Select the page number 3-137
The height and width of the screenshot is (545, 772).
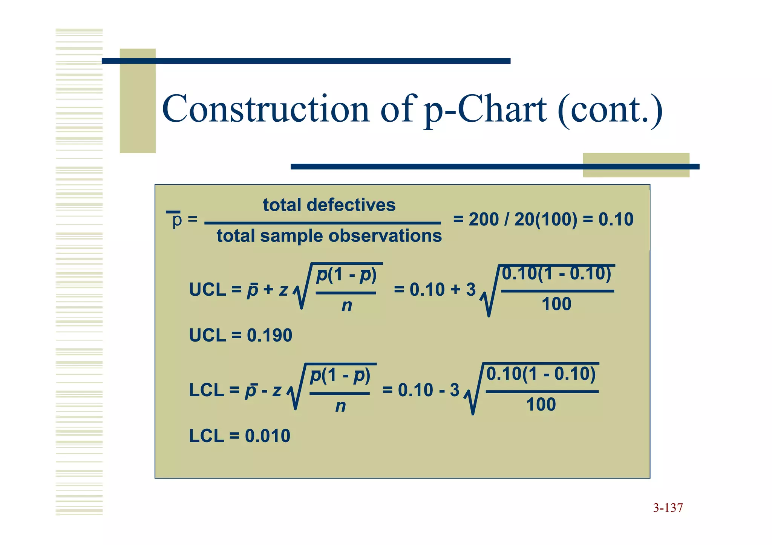point(668,508)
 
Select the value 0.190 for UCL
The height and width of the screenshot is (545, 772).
point(269,335)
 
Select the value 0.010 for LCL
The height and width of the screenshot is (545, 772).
point(267,436)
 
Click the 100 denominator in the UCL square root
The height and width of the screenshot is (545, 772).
point(556,304)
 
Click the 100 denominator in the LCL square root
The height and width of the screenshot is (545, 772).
point(541,405)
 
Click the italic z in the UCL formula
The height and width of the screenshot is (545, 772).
point(283,290)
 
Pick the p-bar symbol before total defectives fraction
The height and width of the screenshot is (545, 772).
point(176,220)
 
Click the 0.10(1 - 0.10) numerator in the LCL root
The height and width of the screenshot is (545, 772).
point(541,374)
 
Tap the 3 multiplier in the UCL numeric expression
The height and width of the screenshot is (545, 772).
point(470,290)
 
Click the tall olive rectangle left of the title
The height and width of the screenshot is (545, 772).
point(138,101)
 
